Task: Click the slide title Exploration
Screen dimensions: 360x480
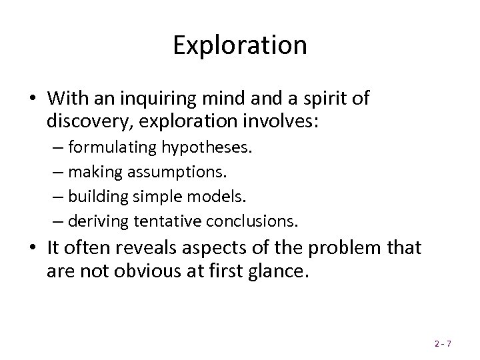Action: coord(240,46)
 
